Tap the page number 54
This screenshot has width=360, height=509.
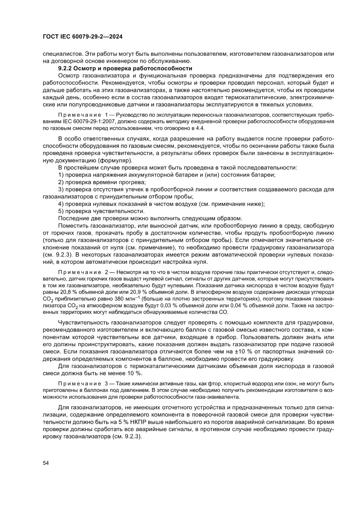tap(46, 463)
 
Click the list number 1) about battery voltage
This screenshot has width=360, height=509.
tap(61, 174)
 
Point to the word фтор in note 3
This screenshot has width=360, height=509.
tap(185, 384)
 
